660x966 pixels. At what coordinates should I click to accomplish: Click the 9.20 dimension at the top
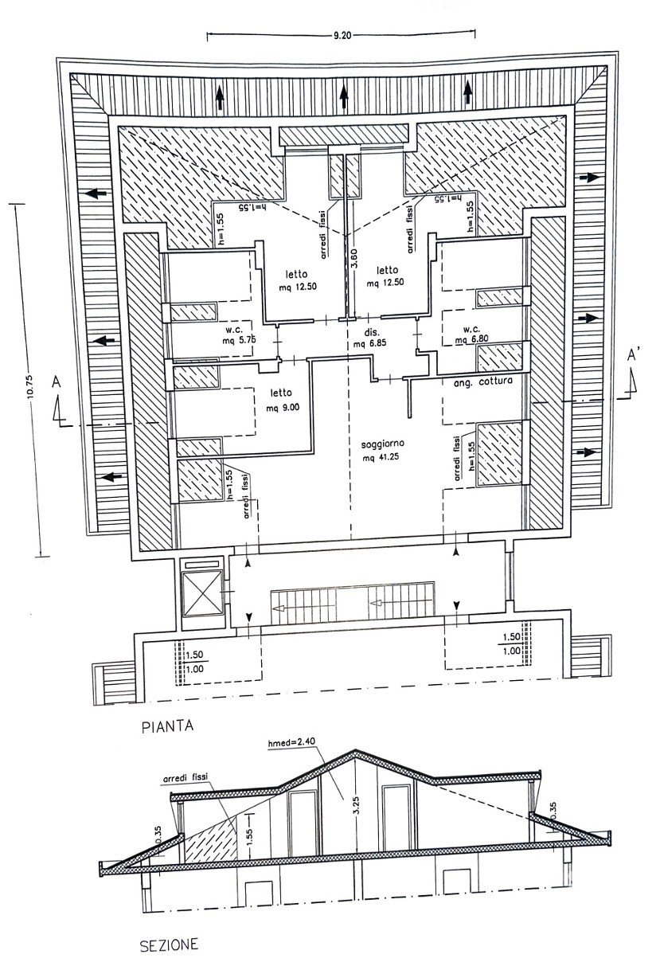[342, 35]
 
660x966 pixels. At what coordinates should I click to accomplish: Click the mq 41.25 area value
[381, 457]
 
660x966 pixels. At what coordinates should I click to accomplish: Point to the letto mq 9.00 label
[283, 400]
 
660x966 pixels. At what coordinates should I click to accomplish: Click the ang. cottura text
[483, 381]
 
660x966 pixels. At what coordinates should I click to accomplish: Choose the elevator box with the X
[202, 593]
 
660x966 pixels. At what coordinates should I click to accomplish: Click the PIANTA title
[168, 726]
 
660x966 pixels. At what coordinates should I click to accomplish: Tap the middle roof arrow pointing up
[344, 96]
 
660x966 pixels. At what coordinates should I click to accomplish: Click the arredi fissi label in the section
[186, 776]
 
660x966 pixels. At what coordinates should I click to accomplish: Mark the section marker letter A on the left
[56, 382]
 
